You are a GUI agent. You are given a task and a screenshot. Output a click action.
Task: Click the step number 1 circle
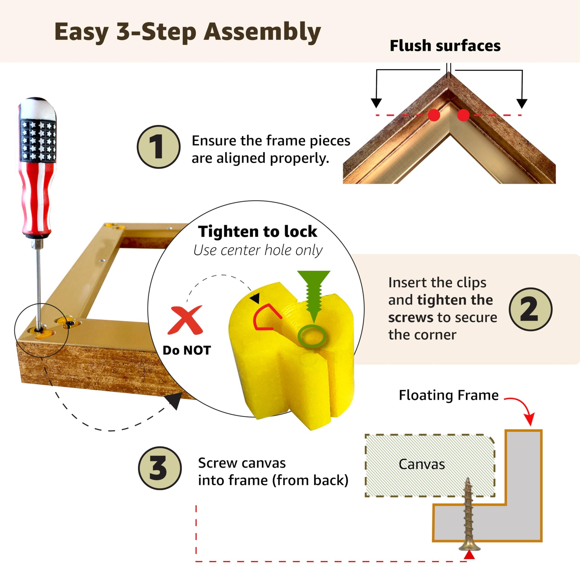point(159,147)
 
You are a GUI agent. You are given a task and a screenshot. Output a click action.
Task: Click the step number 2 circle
point(531,309)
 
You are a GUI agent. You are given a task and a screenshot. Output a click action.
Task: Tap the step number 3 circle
point(160,468)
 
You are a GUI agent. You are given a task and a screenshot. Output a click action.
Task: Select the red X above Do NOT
point(185,320)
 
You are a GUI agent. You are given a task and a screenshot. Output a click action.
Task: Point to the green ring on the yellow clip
point(312,336)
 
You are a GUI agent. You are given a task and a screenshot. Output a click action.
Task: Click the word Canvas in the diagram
point(422,464)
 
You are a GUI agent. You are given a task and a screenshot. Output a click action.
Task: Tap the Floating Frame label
point(449,395)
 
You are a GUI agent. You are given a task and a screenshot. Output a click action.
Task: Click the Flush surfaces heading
point(445,46)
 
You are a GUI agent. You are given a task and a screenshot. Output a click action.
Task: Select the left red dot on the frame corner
point(434,115)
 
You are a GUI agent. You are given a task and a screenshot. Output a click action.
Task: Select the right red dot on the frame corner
point(463,115)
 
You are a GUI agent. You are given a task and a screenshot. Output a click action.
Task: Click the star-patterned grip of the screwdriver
point(38,140)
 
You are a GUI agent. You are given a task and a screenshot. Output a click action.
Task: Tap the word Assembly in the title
point(262,32)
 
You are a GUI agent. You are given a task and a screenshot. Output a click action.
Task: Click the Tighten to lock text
point(257,232)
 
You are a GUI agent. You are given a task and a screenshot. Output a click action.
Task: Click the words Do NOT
point(187,350)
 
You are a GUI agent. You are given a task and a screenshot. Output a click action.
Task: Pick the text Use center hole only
point(258,250)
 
